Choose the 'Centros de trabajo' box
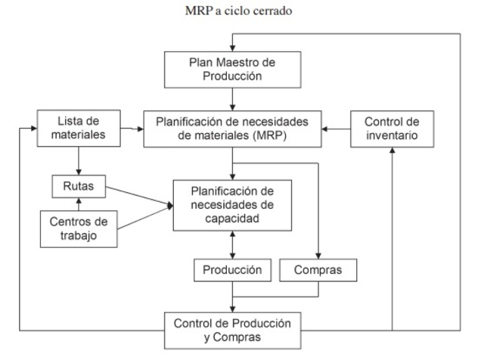[x=79, y=228]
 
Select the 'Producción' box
[x=232, y=269]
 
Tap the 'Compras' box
[x=318, y=269]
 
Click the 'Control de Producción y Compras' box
[x=232, y=330]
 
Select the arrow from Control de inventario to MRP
[x=334, y=129]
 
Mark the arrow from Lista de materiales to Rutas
[x=79, y=161]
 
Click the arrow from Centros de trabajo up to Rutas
[x=79, y=202]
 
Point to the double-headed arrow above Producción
[x=232, y=244]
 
